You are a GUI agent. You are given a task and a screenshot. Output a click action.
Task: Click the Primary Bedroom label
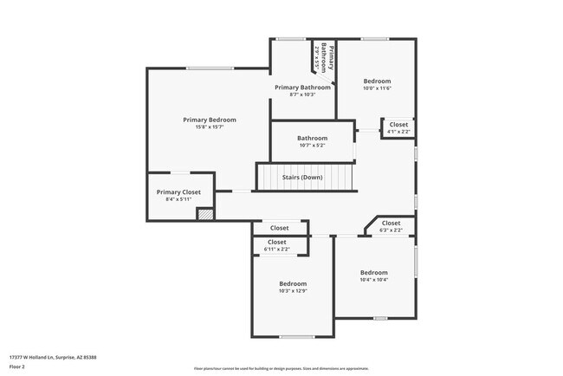click(x=209, y=120)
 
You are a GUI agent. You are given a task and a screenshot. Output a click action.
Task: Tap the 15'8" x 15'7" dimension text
click(x=209, y=127)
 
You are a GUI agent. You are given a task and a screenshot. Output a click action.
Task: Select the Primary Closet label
click(x=178, y=191)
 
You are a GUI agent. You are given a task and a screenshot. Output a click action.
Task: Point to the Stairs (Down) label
click(x=302, y=177)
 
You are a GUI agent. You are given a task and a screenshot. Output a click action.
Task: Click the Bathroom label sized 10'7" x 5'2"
click(x=312, y=138)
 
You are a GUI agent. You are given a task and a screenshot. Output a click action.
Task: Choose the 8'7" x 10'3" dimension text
click(x=302, y=94)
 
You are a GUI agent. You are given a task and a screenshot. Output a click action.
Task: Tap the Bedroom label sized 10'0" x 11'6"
click(x=377, y=81)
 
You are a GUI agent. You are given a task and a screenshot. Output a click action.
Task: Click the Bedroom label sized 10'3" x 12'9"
click(x=293, y=283)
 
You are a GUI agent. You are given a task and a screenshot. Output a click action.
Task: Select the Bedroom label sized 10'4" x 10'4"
click(x=374, y=272)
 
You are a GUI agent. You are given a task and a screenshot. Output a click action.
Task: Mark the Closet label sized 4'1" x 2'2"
click(x=398, y=124)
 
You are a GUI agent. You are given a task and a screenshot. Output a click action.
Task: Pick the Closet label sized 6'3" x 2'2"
click(x=391, y=223)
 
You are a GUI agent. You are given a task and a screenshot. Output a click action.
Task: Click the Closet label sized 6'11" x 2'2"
click(x=277, y=242)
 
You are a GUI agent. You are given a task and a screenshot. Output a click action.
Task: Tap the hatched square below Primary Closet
click(x=205, y=213)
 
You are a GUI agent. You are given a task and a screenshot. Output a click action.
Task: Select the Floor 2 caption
click(x=17, y=366)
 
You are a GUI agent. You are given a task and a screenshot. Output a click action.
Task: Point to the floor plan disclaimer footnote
click(x=281, y=368)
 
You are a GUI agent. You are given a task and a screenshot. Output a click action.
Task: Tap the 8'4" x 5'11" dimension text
click(x=178, y=199)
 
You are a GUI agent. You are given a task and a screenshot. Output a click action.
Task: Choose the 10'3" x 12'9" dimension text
click(x=293, y=291)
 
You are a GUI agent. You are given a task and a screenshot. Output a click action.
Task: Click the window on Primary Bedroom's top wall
click(x=210, y=68)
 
